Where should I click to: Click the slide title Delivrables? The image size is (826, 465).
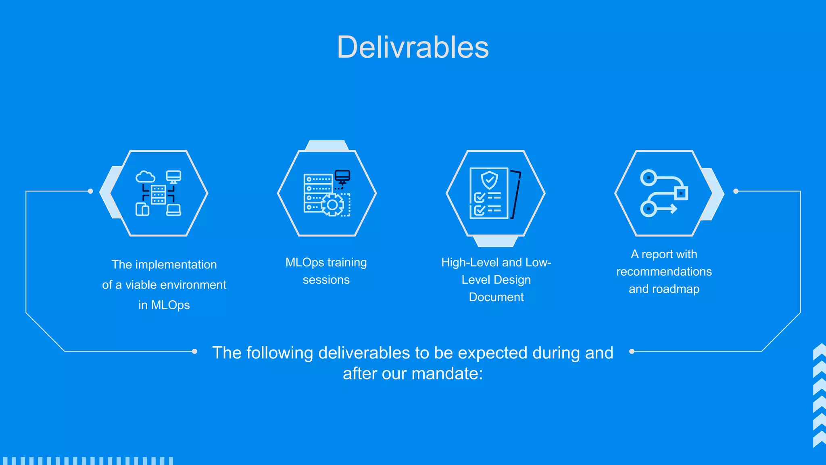[413, 47]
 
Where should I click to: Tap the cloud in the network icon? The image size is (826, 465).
[145, 177]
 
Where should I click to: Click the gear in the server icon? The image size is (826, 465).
[332, 205]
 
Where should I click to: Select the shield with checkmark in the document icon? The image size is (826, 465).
[489, 180]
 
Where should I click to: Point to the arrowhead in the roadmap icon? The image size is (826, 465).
[673, 209]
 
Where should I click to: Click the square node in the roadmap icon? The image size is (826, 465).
[681, 193]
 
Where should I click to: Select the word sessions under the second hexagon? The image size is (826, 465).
[326, 280]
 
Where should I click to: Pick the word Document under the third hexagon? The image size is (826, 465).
[496, 297]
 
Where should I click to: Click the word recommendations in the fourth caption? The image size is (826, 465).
[664, 272]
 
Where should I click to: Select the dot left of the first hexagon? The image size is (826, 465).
[90, 191]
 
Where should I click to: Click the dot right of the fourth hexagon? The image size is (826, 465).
[736, 191]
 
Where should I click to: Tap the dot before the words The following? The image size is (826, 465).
[194, 351]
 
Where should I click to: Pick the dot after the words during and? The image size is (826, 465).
[632, 351]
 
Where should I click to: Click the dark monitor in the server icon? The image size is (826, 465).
[342, 176]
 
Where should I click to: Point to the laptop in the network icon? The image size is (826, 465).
[173, 210]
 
